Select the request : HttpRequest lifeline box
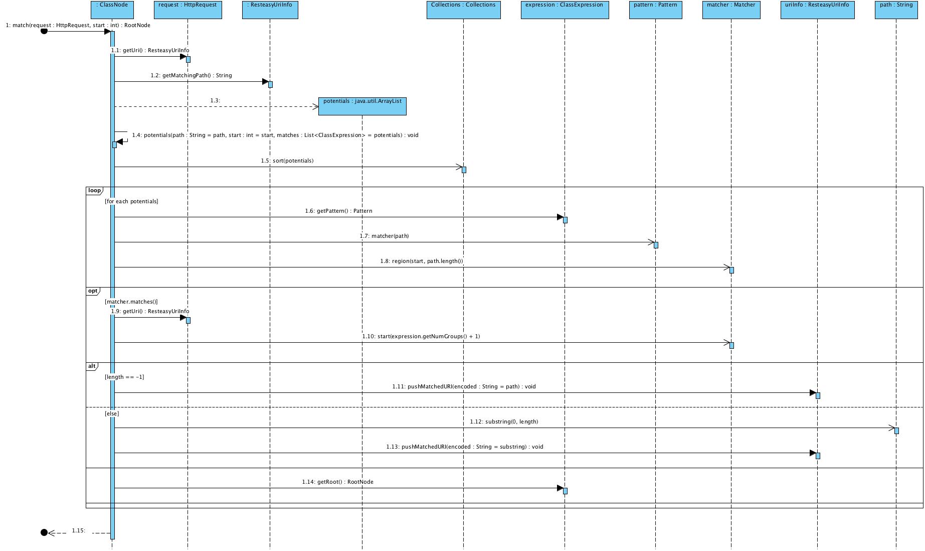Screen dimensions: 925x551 point(188,10)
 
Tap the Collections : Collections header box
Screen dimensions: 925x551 point(463,10)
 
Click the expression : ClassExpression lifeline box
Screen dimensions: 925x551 point(565,10)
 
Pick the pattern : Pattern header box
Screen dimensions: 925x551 point(655,10)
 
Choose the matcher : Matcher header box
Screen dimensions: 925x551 point(731,10)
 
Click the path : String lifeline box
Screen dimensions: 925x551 point(896,10)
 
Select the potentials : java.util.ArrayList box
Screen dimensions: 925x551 point(362,106)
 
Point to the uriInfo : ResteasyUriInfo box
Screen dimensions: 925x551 point(817,10)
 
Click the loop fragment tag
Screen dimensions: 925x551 point(94,190)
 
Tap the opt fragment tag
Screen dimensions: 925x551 point(93,291)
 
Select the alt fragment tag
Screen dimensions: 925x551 point(92,366)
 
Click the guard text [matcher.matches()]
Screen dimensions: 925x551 point(131,302)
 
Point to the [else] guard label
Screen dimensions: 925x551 point(112,414)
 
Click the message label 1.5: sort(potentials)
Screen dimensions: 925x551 point(287,161)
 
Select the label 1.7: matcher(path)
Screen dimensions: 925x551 point(384,236)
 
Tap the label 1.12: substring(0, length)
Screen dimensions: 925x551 point(504,422)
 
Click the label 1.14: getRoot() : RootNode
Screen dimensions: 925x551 point(337,482)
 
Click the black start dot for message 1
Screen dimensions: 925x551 point(44,31)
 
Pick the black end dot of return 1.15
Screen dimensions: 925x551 point(44,532)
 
